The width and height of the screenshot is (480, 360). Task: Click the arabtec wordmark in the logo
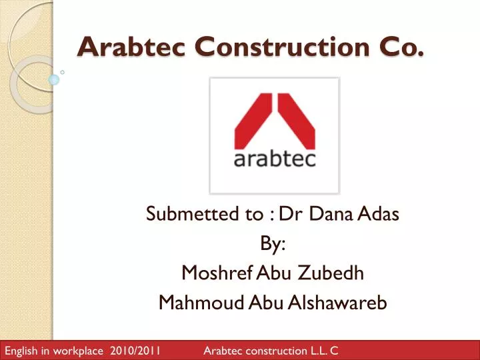[275, 159]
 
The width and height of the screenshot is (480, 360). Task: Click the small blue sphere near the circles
[54, 80]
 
